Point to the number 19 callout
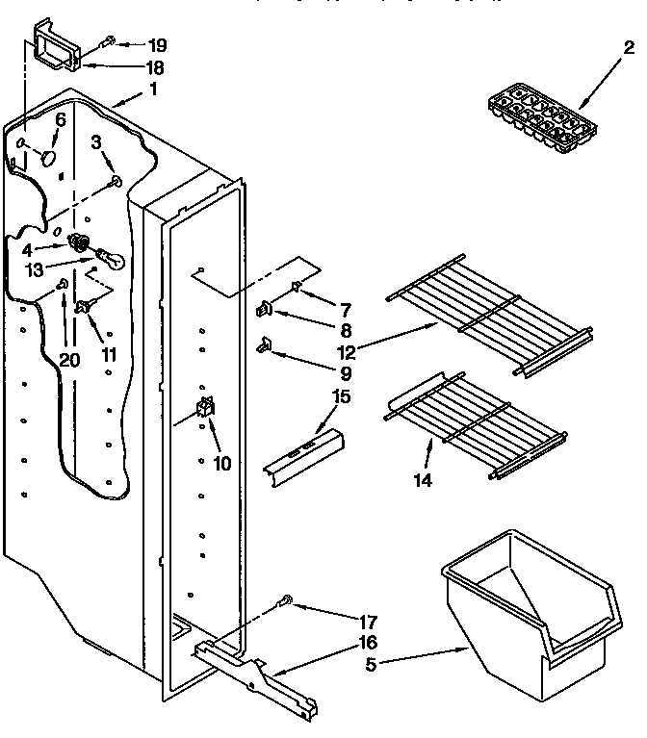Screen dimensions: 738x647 tap(157, 44)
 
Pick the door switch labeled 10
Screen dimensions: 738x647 tap(205, 409)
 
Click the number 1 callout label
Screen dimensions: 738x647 tap(151, 90)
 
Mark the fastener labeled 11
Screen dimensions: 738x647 tap(84, 308)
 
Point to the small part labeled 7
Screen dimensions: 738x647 tap(297, 286)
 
